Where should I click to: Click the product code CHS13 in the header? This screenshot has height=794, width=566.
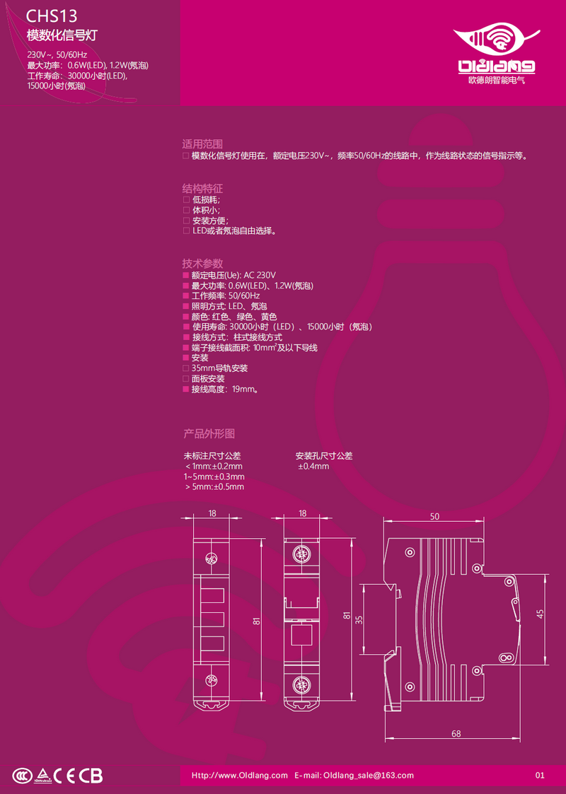51,16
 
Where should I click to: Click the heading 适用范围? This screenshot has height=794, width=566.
202,142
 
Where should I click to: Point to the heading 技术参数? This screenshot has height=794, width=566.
202,263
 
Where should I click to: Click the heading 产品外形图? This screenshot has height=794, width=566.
209,433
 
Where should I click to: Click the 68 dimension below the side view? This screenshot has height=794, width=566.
456,734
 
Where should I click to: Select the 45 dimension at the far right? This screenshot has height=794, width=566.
540,614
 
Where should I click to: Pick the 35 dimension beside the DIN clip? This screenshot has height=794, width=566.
359,619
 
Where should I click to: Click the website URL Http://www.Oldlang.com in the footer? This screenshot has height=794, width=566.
240,776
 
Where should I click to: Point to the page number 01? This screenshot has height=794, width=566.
541,776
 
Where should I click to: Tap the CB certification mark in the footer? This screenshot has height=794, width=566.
91,776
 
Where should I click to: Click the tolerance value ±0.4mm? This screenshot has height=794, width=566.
313,467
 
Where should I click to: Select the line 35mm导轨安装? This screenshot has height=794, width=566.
219,368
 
